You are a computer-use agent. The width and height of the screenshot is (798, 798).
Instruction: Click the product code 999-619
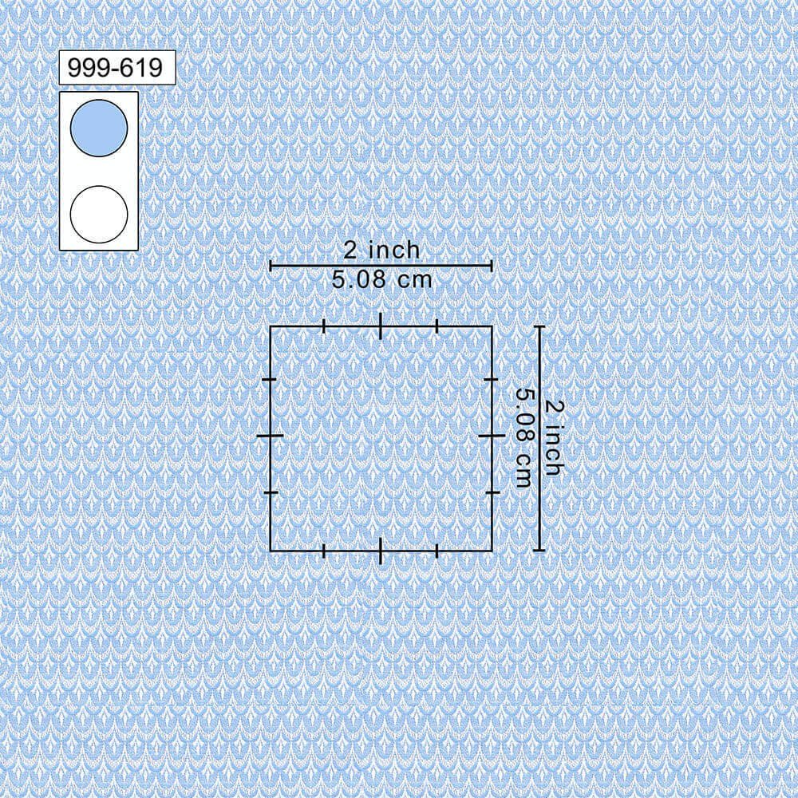[115, 68]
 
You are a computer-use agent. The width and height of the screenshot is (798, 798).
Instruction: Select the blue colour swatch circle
[99, 128]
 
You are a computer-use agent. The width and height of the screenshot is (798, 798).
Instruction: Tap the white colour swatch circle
[99, 214]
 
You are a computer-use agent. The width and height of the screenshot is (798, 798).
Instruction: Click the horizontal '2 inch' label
[381, 250]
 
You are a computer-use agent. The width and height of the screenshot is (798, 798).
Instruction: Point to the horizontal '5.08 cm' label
[381, 279]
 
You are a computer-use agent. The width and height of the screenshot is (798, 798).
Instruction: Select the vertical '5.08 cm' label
[524, 438]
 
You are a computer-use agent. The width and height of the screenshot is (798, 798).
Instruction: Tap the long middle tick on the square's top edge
[381, 326]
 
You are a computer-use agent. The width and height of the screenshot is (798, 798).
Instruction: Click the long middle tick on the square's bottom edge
[381, 551]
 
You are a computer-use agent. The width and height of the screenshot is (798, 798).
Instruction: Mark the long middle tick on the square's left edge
[271, 437]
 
